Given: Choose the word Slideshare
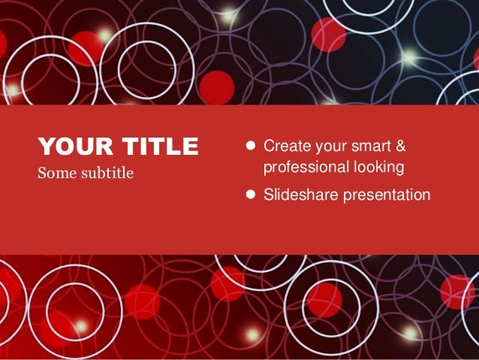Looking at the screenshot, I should (x=300, y=195).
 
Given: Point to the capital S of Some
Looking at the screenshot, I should (x=42, y=174).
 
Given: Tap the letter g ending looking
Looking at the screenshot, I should (x=401, y=168).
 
